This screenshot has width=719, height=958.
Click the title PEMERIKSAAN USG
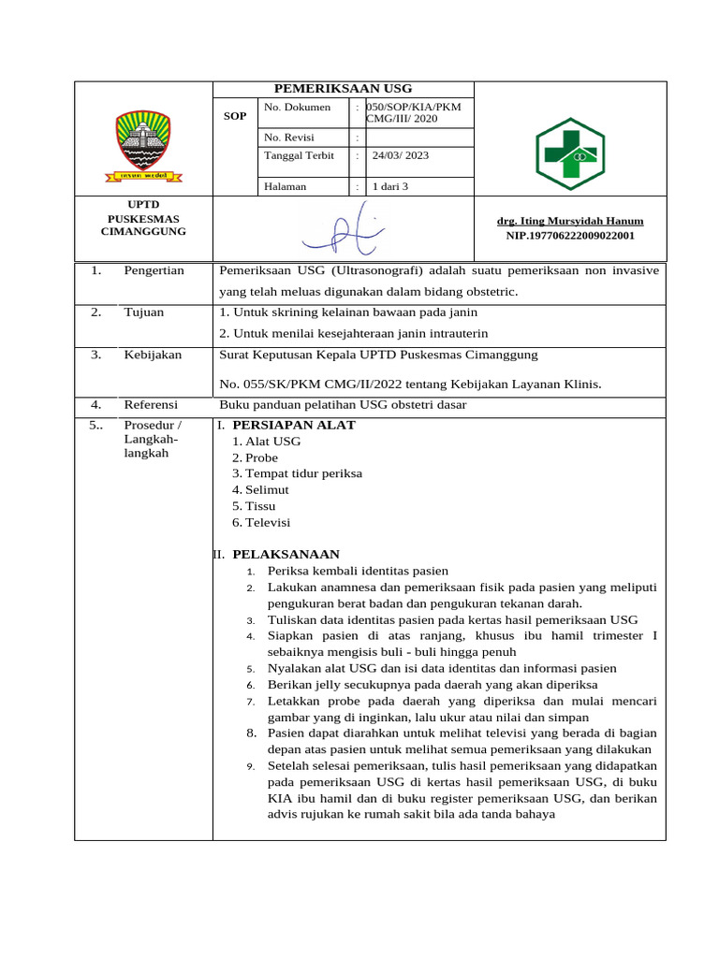pyautogui.click(x=344, y=88)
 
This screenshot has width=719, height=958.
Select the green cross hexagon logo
pyautogui.click(x=570, y=154)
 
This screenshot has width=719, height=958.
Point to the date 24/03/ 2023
pyautogui.click(x=401, y=155)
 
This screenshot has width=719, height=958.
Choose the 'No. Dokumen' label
pyautogui.click(x=298, y=107)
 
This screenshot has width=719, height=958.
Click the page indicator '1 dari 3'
pyautogui.click(x=390, y=186)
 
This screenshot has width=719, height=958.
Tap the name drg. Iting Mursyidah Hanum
pyautogui.click(x=570, y=221)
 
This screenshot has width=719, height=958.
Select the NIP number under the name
pyautogui.click(x=570, y=236)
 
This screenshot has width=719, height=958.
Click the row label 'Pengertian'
pyautogui.click(x=154, y=270)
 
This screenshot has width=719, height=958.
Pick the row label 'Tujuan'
pyautogui.click(x=143, y=312)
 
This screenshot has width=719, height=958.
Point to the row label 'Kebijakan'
pyautogui.click(x=153, y=355)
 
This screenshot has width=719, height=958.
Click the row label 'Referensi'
pyautogui.click(x=151, y=404)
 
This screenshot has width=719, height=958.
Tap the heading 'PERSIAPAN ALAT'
pyautogui.click(x=294, y=425)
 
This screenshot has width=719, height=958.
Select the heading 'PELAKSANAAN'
pyautogui.click(x=286, y=554)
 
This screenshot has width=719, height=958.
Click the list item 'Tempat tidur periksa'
pyautogui.click(x=303, y=473)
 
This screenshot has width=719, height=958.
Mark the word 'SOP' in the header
pyautogui.click(x=235, y=117)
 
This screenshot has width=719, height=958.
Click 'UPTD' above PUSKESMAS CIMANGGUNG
pyautogui.click(x=143, y=204)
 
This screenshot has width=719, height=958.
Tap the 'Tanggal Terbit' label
pyautogui.click(x=300, y=155)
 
